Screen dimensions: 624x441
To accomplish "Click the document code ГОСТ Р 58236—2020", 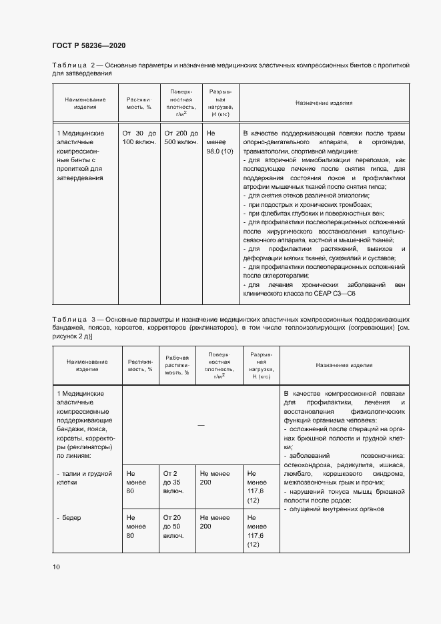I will [88, 45].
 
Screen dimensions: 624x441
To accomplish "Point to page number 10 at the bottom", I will [56, 567].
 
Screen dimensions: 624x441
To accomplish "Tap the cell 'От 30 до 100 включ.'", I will [139, 137].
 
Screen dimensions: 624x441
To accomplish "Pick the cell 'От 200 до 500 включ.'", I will [181, 137].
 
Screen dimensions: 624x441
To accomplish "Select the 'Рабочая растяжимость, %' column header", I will [177, 366].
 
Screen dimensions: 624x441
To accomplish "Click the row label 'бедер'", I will [71, 517].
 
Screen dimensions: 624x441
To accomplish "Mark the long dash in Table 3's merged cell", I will [201, 425].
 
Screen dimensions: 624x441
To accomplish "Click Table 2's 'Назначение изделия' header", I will [324, 103].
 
